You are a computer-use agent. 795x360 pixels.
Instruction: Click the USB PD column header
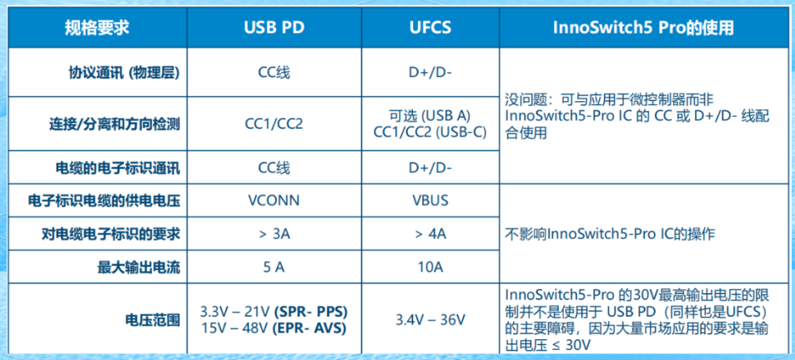[274, 28]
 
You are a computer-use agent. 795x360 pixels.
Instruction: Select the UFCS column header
[430, 28]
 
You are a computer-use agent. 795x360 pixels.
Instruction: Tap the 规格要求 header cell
[97, 28]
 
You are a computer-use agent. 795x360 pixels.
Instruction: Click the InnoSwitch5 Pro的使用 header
[643, 28]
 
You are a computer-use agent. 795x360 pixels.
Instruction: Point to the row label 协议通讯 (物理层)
[124, 73]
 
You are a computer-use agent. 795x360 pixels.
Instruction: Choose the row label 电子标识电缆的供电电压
[104, 200]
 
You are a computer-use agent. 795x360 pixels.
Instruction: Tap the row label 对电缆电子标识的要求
[110, 234]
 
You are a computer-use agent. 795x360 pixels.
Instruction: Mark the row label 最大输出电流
[138, 267]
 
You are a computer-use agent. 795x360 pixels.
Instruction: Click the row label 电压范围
[152, 321]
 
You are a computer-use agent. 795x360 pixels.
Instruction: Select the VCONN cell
[274, 200]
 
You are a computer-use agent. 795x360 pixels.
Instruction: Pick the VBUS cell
[430, 200]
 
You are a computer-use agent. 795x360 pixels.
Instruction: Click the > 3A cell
[274, 234]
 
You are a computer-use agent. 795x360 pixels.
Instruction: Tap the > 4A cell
[430, 234]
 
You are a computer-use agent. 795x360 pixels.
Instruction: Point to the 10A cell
[430, 267]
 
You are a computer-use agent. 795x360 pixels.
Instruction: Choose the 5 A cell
[274, 267]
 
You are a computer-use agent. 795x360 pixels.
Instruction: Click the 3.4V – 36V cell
[430, 321]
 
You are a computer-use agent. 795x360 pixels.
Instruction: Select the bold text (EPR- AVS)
[309, 328]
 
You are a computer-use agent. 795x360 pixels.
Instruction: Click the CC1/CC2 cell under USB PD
[274, 124]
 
